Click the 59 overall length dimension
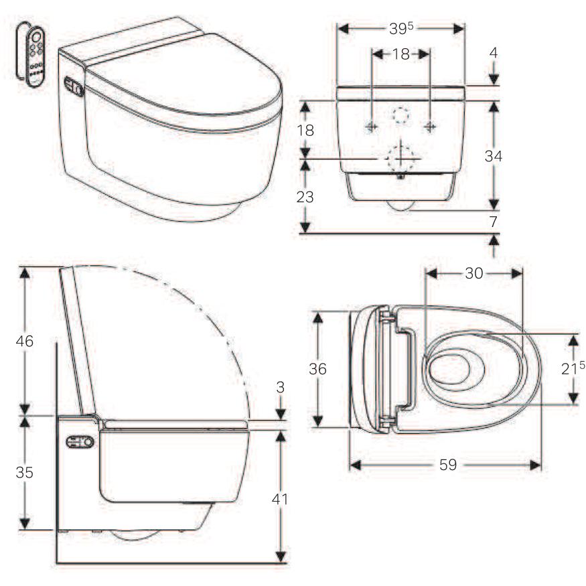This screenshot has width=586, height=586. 448,465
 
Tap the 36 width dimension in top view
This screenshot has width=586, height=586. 317,369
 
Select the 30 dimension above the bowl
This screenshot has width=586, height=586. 474,273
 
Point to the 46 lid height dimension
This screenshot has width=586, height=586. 25,341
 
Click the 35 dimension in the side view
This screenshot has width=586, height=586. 25,472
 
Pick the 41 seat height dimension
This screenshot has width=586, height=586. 279,499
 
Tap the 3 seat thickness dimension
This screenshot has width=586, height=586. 281,387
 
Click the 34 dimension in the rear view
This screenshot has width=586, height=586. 494,156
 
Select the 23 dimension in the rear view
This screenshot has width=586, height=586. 305,197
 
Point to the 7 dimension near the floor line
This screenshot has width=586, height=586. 494,222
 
